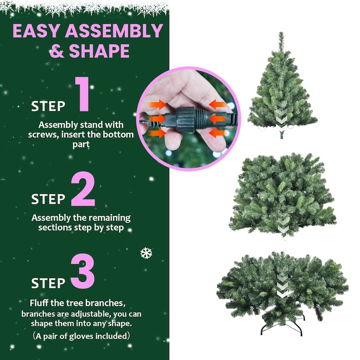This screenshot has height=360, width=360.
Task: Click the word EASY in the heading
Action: [36, 31]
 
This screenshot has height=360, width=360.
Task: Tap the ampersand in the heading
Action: [57, 51]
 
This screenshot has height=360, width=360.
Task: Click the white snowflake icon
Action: [146, 253]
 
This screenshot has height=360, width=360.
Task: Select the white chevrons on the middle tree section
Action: [283, 220]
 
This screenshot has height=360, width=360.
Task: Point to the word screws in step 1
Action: [53, 135]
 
